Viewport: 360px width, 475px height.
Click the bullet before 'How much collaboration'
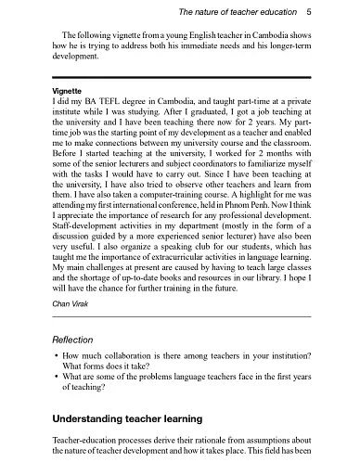coord(57,356)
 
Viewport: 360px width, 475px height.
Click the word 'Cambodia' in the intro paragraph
coord(276,34)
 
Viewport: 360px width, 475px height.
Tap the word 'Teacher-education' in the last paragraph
coord(85,440)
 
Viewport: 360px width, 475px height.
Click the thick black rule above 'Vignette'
coord(182,80)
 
